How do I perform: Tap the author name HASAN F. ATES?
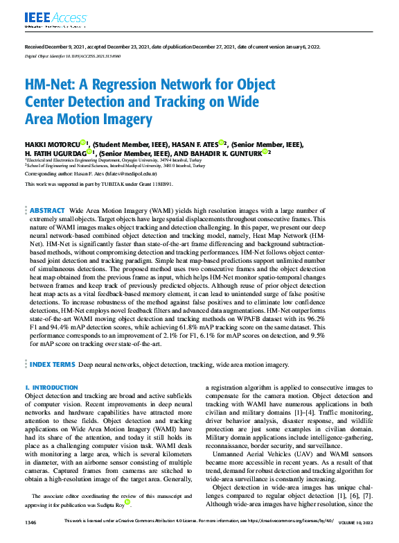[195, 144]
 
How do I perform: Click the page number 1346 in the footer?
[31, 539]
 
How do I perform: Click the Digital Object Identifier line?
[68, 54]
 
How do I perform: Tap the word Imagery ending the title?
[130, 119]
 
